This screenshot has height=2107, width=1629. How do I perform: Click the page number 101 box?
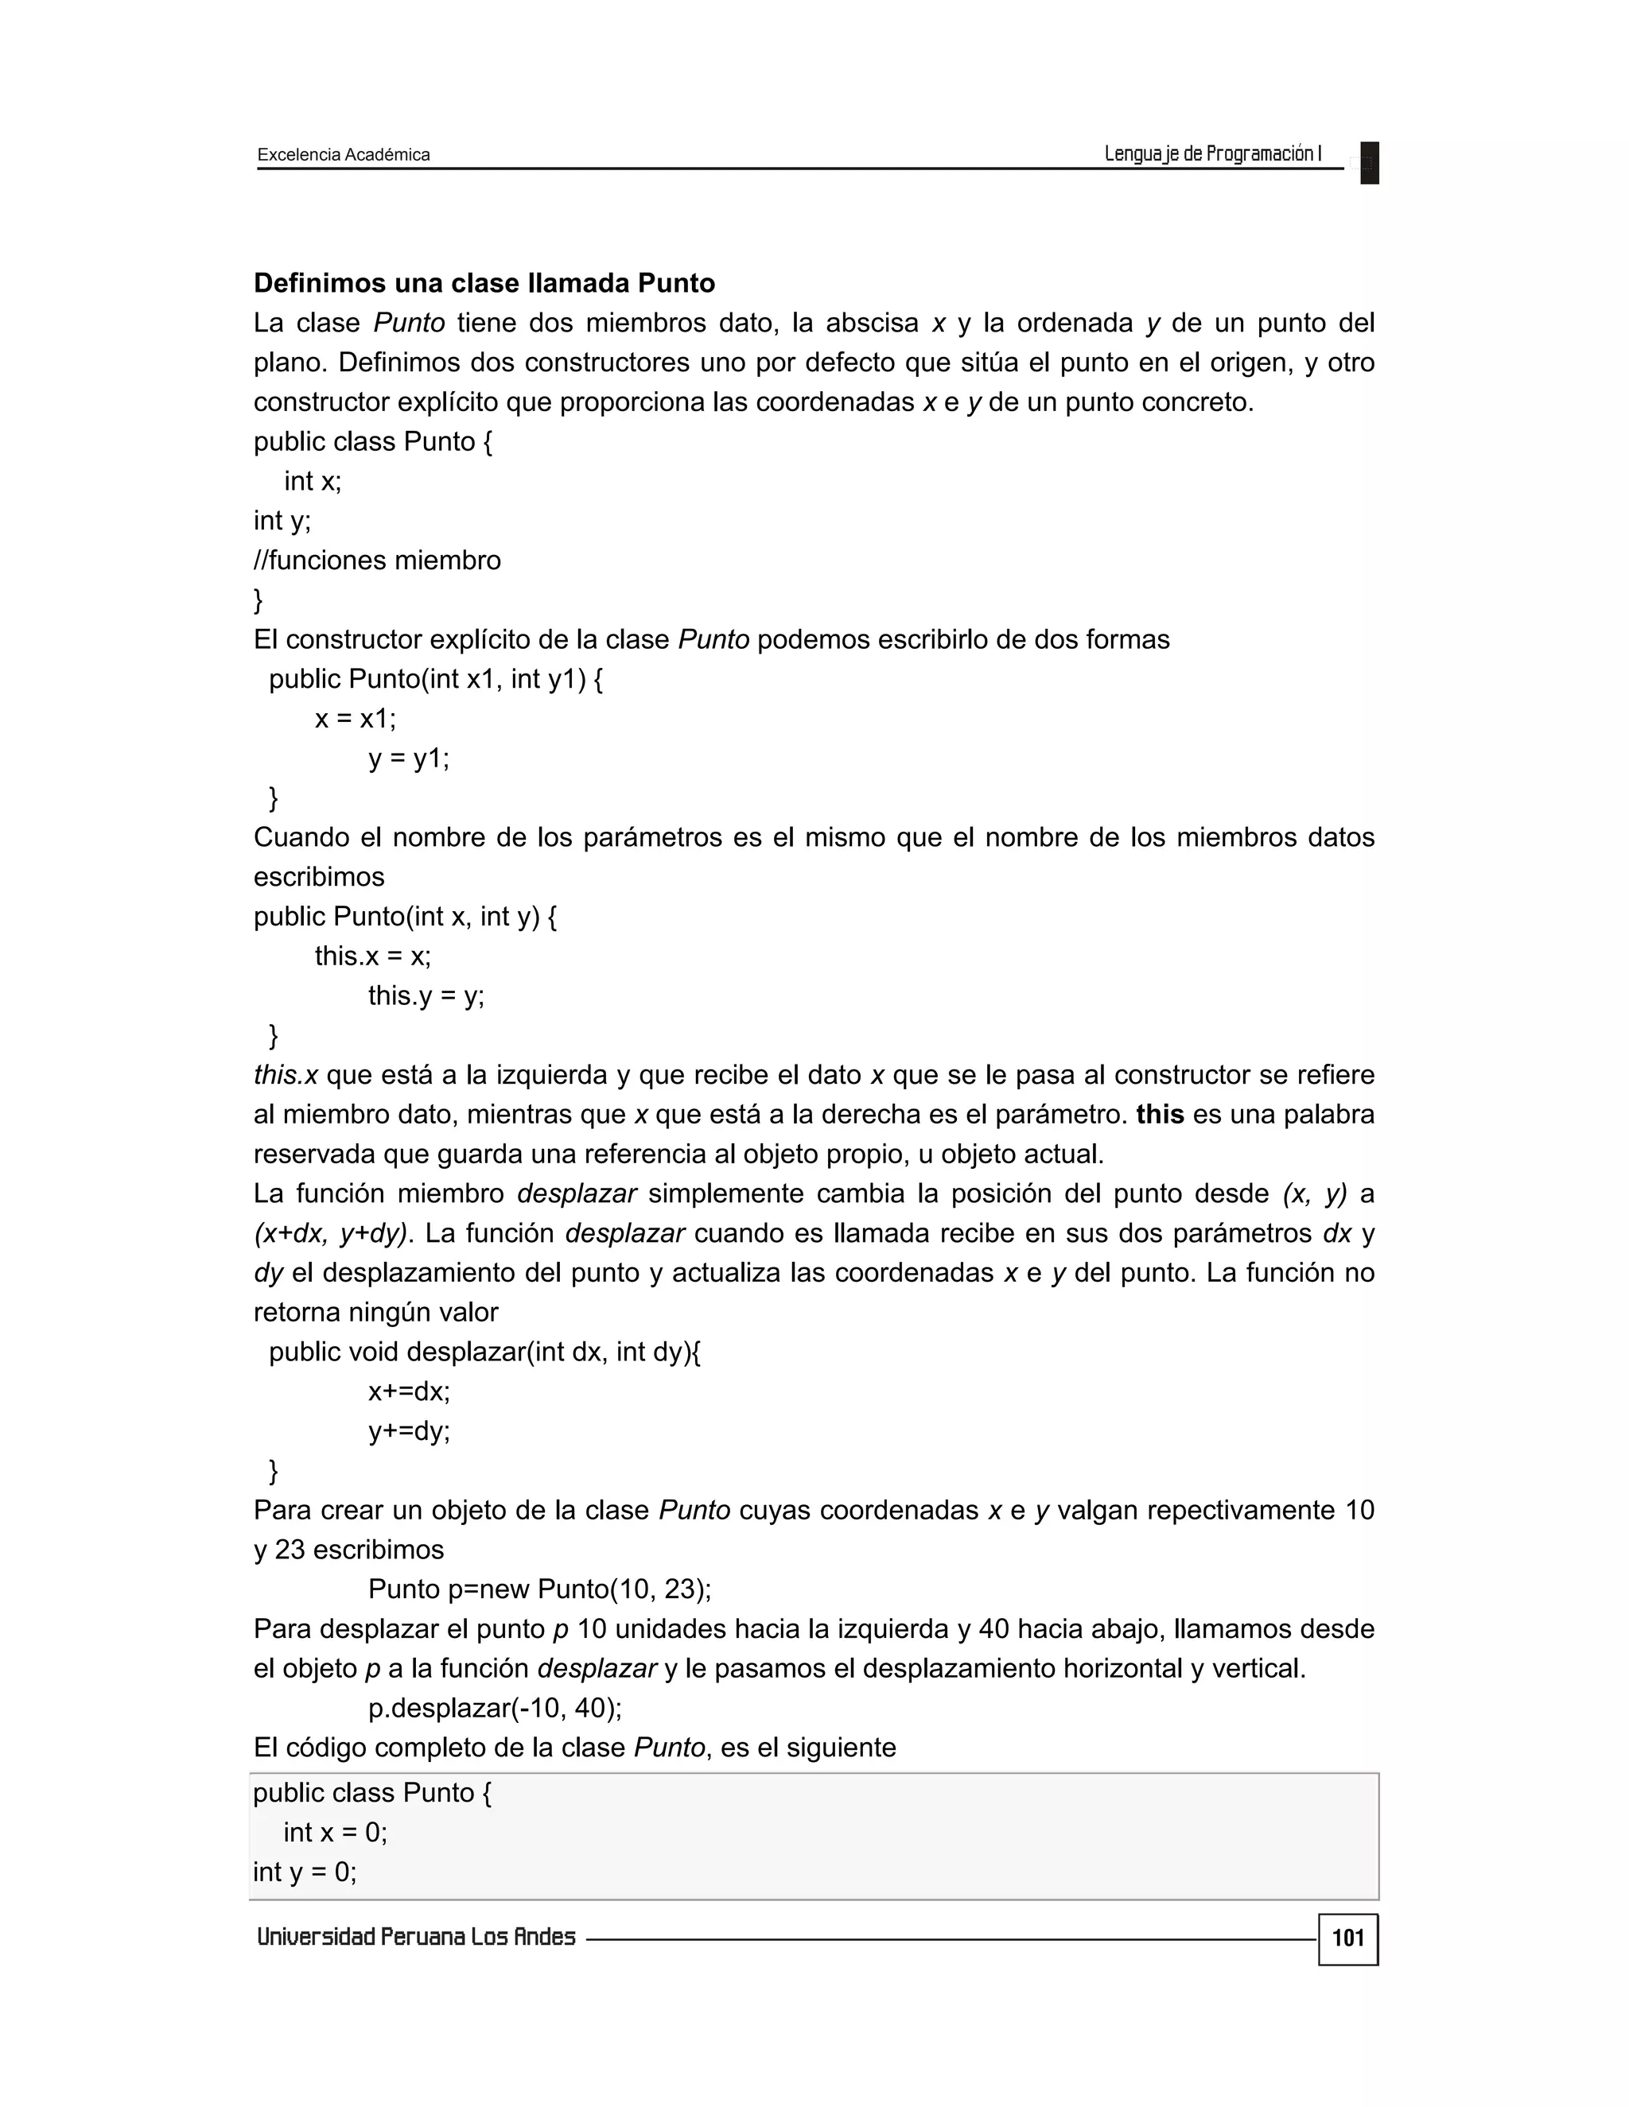(1347, 1939)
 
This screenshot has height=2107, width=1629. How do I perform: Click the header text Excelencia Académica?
(344, 154)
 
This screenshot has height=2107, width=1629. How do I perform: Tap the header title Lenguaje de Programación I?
(1212, 153)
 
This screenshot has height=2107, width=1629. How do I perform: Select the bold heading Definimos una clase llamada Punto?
(484, 283)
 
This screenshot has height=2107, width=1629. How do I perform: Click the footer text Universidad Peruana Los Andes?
(416, 1937)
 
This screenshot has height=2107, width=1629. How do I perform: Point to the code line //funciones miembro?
(377, 561)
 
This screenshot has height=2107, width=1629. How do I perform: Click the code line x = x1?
(355, 719)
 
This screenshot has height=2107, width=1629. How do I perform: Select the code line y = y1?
(409, 759)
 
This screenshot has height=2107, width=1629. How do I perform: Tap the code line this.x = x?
(372, 956)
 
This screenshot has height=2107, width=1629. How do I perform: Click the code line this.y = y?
(426, 995)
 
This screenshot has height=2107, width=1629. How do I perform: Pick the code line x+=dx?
(409, 1391)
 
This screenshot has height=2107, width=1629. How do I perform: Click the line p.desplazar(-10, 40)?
(495, 1709)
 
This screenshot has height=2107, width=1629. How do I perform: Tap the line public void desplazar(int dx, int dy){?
(484, 1352)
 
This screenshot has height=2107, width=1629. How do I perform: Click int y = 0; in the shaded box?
(305, 1872)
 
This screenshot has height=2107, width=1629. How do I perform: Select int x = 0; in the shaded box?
(335, 1832)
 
